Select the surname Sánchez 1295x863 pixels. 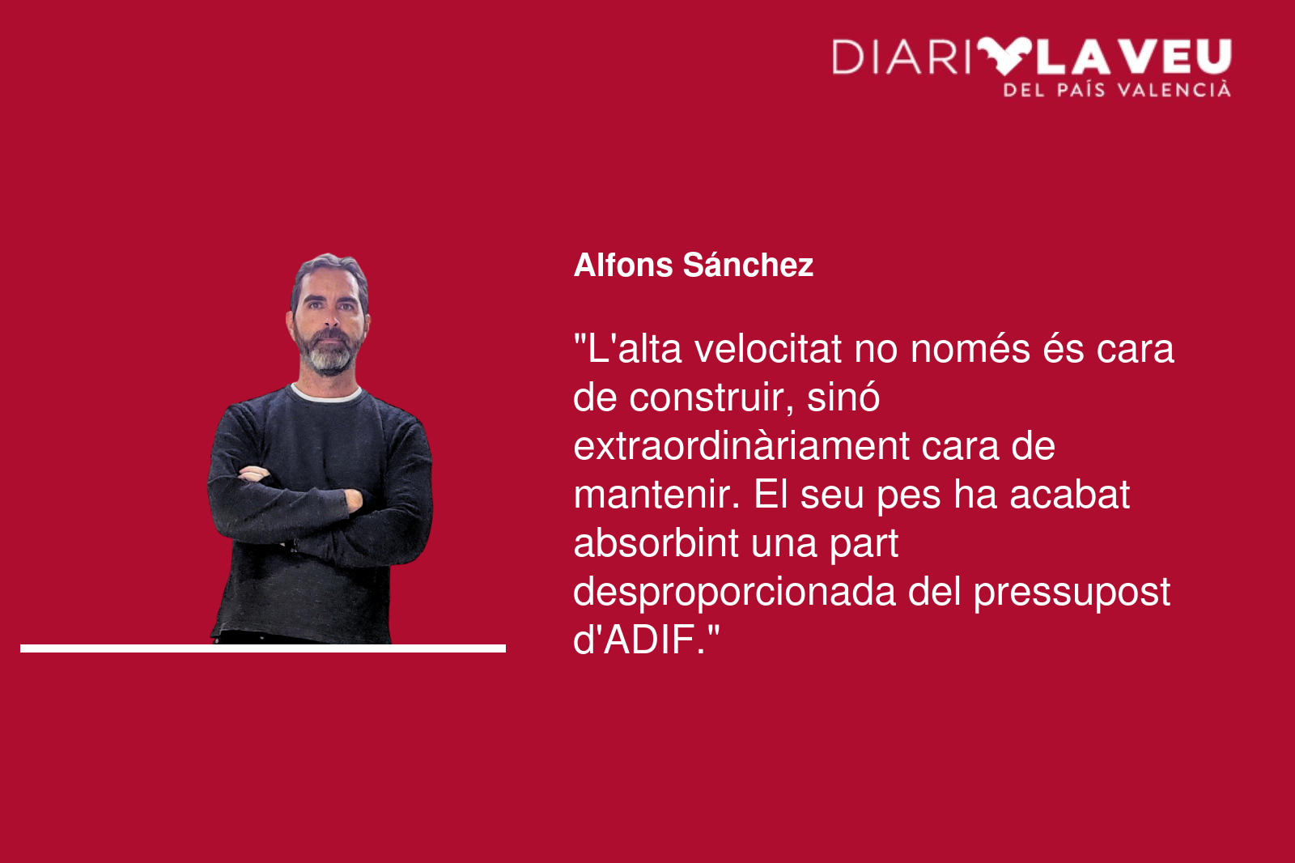point(748,265)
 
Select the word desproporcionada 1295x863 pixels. point(734,592)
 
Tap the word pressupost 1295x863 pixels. point(1072,593)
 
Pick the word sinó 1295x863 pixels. point(843,398)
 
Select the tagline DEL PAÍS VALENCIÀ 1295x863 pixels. point(1117,90)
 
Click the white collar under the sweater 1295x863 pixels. point(327,394)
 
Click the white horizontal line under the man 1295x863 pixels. point(263,648)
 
